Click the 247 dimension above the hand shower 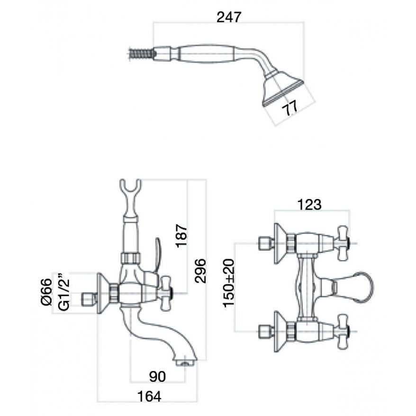(x=229, y=17)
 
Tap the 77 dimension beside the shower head (x=289, y=108)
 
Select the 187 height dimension (x=182, y=235)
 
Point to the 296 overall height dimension (x=200, y=271)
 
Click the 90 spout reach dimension (x=157, y=377)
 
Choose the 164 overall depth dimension (x=149, y=397)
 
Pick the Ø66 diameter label (x=47, y=292)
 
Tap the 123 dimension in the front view (x=309, y=205)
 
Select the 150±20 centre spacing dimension (x=229, y=283)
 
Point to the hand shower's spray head (x=284, y=88)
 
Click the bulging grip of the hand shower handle (x=206, y=54)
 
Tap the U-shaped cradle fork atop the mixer (x=130, y=186)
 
